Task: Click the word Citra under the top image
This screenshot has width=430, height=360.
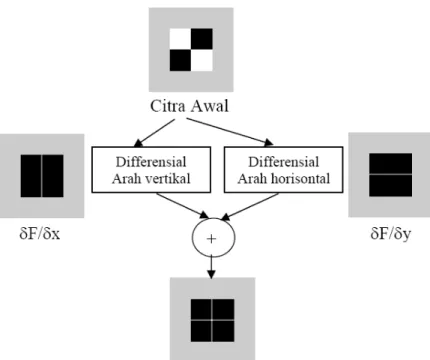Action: (168, 106)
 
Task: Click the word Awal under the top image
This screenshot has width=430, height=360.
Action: (209, 106)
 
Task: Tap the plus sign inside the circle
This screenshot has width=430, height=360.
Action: (211, 239)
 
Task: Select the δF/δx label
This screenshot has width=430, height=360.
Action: (40, 234)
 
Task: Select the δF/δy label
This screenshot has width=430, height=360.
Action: (390, 234)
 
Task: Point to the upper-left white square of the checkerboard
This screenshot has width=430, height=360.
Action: (180, 39)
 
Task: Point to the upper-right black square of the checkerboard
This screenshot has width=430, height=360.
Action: (202, 39)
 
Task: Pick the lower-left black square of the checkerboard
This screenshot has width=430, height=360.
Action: (180, 60)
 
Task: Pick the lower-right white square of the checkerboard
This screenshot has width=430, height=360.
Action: (202, 60)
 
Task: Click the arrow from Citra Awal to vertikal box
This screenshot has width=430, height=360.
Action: (154, 133)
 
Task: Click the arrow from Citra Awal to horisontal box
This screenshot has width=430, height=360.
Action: (230, 132)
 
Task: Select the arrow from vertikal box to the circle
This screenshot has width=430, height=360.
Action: (182, 206)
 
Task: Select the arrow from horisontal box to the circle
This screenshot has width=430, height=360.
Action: (250, 206)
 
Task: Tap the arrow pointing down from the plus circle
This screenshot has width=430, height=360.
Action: (211, 267)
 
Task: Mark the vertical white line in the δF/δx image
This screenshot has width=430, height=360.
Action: (42, 176)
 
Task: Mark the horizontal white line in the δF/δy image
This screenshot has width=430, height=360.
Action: (390, 174)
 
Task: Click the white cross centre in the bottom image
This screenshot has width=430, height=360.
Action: (212, 320)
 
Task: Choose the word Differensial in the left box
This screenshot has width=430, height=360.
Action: (151, 162)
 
